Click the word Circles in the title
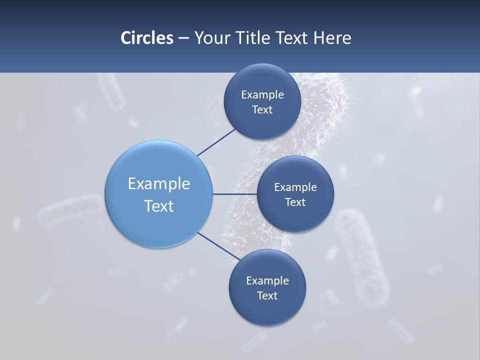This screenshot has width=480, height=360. tap(147, 37)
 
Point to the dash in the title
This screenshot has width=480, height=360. tap(183, 38)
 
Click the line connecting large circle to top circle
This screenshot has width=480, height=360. tap(216, 142)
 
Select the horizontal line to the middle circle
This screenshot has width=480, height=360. tap(234, 194)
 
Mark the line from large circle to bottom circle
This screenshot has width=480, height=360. tap(219, 247)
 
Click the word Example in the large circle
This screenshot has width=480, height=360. tap(159, 183)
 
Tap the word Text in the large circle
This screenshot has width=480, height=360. tap(159, 206)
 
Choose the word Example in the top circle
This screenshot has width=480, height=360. tap(262, 94)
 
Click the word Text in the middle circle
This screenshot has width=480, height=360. tap(295, 202)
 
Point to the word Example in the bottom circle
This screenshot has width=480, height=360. tap(267, 280)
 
